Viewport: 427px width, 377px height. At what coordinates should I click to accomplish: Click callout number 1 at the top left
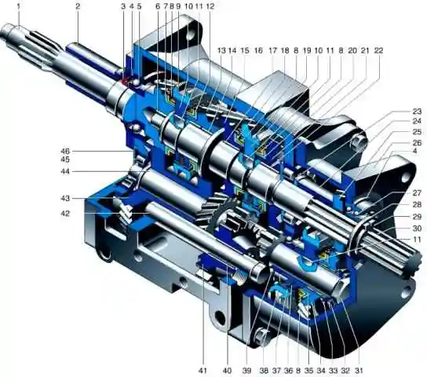(19, 6)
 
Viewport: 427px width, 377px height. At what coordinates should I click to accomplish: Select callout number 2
(78, 6)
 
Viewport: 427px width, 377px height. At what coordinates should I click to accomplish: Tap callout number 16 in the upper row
(258, 51)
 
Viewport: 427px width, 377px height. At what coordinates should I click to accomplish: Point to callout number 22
(378, 51)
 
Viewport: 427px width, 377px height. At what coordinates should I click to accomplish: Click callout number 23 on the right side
(417, 112)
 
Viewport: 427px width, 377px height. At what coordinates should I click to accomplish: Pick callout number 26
(417, 142)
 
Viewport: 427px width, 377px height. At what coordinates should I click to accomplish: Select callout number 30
(417, 229)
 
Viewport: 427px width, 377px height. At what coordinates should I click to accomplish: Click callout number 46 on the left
(65, 151)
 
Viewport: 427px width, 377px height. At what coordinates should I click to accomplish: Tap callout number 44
(65, 171)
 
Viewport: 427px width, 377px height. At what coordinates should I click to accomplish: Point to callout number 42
(65, 214)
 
